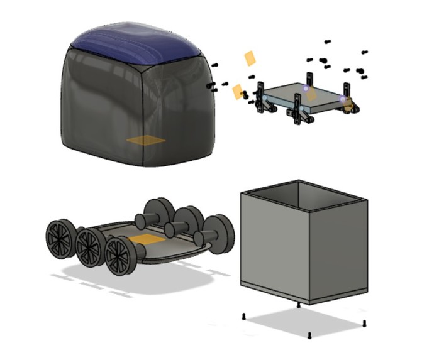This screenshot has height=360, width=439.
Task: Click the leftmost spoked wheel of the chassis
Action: point(60,238)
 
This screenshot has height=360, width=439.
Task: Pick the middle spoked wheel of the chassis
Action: point(91,246)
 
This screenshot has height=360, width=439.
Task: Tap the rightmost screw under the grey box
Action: point(365,323)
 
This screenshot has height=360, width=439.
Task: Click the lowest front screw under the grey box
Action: point(311,334)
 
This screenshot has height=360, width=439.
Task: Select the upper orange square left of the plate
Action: point(250,58)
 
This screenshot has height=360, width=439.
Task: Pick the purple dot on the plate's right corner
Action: point(343,99)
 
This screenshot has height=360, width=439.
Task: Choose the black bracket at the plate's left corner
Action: point(264,101)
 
